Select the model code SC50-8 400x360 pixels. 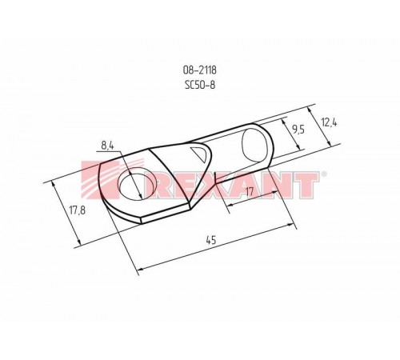pyautogui.click(x=199, y=84)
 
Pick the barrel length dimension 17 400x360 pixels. pyautogui.click(x=250, y=191)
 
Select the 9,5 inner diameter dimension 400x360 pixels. pyautogui.click(x=297, y=127)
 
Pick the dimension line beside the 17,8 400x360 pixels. pyautogui.click(x=66, y=213)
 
